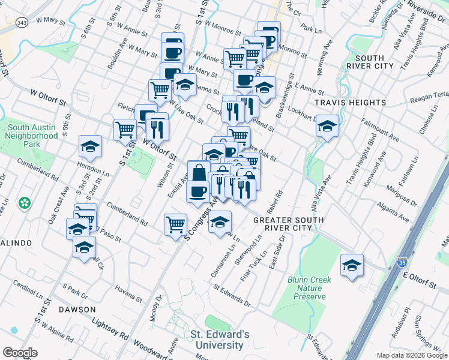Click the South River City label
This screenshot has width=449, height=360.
coord(369,62)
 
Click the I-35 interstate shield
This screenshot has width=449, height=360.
coord(402,263)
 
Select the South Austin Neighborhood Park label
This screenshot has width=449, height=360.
coord(33,136)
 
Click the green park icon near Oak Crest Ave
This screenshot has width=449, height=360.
coord(25,203)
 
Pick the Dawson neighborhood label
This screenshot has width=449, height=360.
coord(77,309)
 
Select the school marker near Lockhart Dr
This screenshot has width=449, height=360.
coord(327,125)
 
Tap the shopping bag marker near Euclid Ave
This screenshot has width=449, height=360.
coord(199,173)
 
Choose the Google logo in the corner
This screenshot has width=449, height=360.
coord(20,353)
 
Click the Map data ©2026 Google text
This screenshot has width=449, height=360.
coord(411,355)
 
